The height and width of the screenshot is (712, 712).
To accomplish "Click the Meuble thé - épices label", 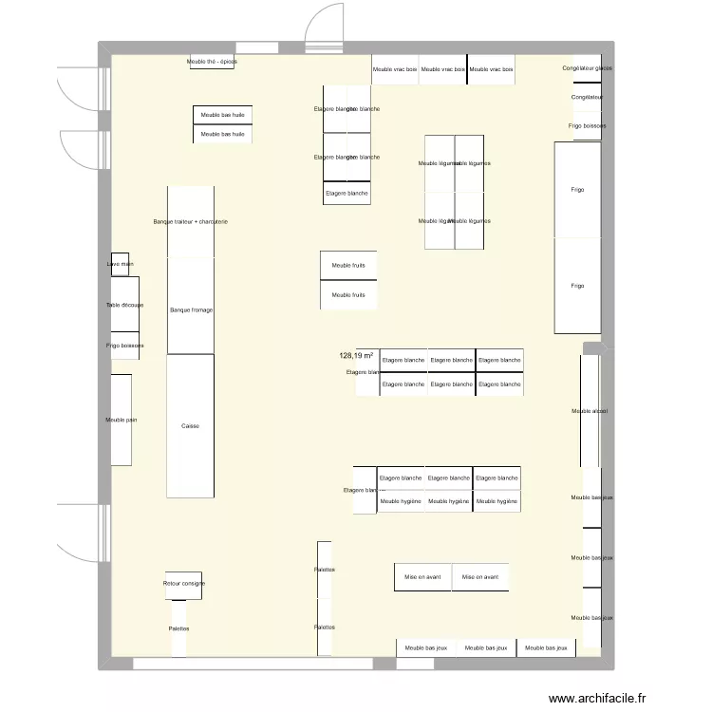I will point(212,62).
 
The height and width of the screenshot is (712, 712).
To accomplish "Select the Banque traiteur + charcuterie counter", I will point(190,222).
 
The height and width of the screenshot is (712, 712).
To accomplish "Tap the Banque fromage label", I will point(190,310).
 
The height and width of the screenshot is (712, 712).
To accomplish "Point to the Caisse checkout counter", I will point(190,426).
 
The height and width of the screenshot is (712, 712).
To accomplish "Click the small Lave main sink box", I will point(120,264).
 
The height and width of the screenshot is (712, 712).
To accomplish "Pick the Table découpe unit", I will point(124,305).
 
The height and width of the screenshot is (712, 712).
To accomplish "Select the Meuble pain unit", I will point(121,420).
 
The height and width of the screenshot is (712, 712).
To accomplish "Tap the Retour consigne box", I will point(183,584).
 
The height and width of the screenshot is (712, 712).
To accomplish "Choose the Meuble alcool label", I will point(589,411).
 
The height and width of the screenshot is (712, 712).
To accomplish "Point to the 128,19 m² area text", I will point(356,356).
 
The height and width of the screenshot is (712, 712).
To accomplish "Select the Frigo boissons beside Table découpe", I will point(124,346).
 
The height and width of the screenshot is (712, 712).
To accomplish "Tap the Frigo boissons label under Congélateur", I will point(587,126).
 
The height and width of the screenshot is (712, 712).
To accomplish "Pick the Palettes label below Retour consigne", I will point(178,628).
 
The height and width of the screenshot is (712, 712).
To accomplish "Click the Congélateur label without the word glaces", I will point(587,98).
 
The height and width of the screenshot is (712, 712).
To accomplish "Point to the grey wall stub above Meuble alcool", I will point(591,348).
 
